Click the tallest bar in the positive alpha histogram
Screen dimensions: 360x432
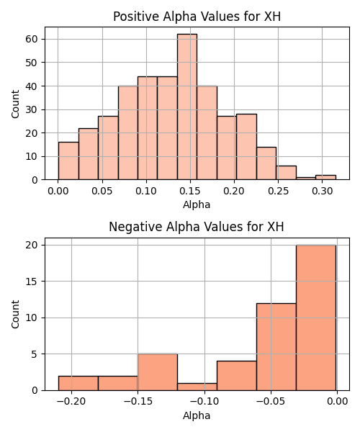click(187, 107)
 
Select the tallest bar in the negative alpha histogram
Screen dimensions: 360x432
click(316, 318)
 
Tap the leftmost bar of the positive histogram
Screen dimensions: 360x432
click(68, 161)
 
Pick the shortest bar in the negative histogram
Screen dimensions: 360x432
click(197, 387)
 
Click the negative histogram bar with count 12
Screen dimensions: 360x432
click(276, 347)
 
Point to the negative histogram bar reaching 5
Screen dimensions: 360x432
click(158, 372)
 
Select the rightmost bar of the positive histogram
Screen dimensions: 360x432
click(326, 177)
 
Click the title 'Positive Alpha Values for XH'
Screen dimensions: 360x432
click(197, 17)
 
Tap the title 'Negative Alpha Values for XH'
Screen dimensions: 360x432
click(197, 227)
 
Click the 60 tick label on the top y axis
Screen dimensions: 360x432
click(31, 39)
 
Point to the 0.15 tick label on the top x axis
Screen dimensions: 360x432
click(190, 191)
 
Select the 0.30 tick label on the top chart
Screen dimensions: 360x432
click(323, 191)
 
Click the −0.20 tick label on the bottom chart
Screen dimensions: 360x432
click(71, 402)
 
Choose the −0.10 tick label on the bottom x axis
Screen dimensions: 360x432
click(204, 402)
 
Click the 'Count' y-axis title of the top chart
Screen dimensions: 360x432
click(15, 104)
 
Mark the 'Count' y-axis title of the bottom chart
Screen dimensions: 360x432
click(15, 315)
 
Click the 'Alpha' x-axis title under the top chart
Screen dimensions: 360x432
click(197, 204)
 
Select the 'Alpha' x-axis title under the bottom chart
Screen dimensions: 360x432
click(197, 415)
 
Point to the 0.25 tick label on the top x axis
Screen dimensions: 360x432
click(278, 191)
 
